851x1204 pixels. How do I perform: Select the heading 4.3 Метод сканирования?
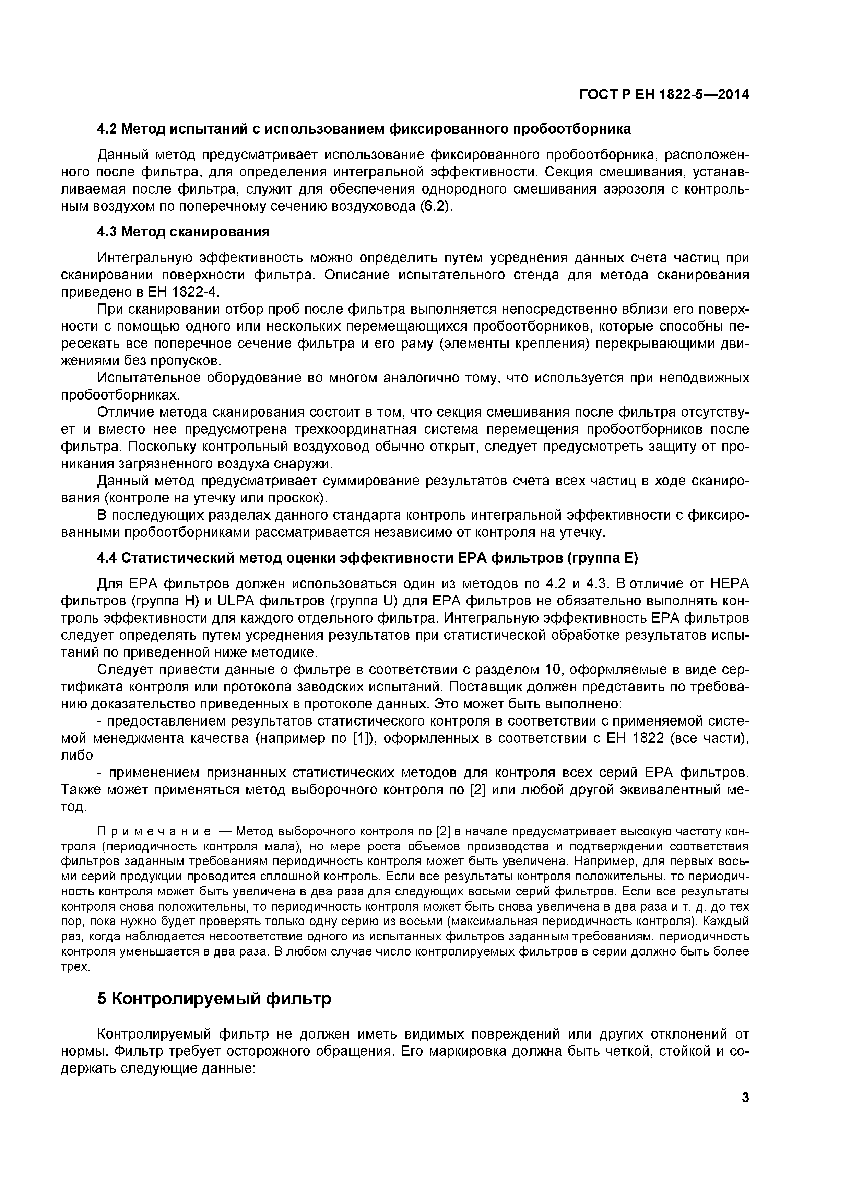pos(184,232)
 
